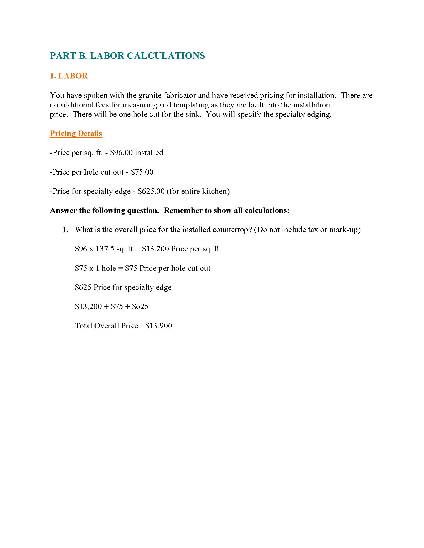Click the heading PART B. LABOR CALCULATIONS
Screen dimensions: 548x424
127,56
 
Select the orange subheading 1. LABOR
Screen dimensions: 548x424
69,76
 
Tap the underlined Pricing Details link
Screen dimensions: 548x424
76,133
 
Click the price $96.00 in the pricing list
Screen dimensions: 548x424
121,152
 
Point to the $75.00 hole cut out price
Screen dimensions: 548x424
142,172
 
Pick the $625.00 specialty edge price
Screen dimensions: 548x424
151,191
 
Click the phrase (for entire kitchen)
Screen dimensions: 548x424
198,191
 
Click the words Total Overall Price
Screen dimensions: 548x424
106,326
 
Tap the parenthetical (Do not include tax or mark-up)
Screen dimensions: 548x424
307,230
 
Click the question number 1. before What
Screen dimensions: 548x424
65,230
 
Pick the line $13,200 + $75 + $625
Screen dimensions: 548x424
111,306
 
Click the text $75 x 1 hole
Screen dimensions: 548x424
96,268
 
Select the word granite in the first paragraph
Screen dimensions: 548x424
150,95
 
